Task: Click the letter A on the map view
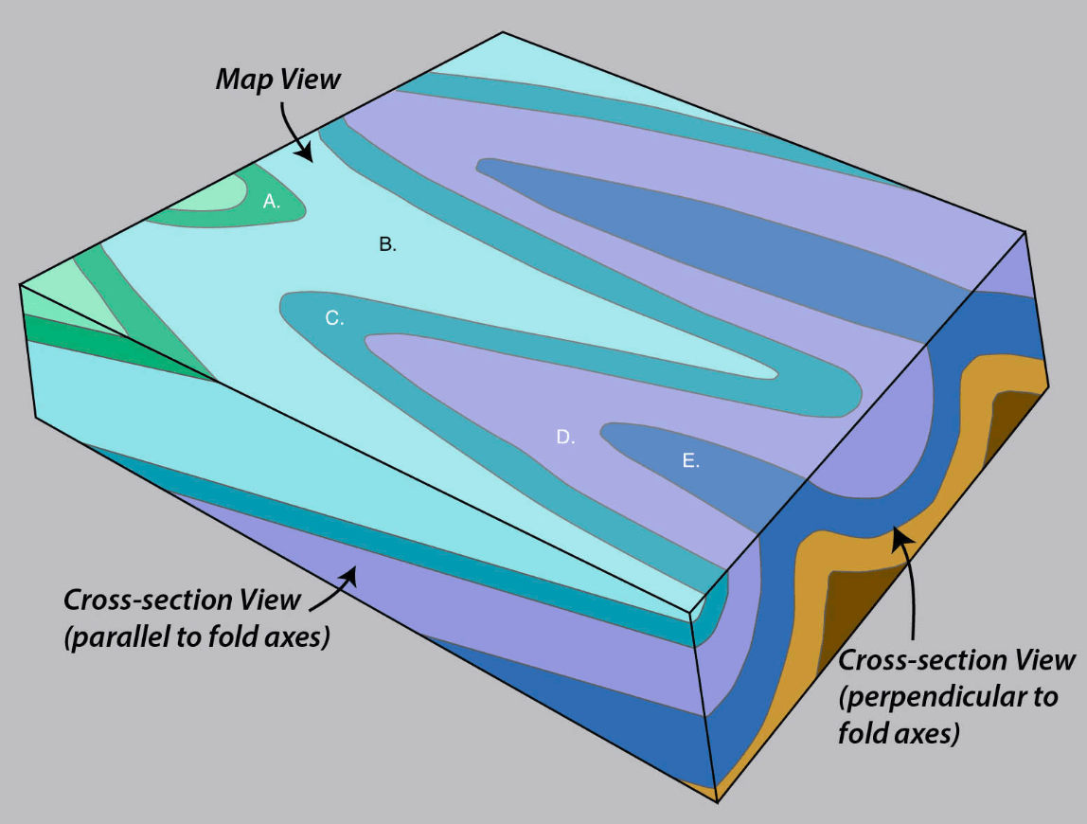click(x=272, y=201)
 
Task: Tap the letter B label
click(x=386, y=244)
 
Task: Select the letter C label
click(x=333, y=318)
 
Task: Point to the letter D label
click(x=565, y=437)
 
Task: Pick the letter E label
click(x=690, y=461)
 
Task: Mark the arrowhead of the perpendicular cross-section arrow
click(x=898, y=537)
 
